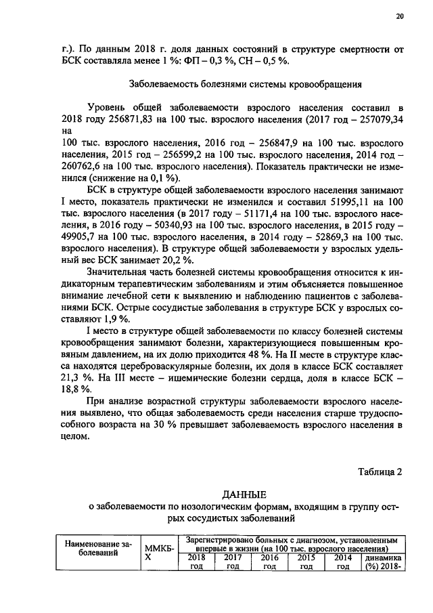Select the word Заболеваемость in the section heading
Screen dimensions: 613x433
point(167,85)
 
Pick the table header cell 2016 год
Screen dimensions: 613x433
point(269,562)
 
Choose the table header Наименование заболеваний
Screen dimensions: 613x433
point(96,548)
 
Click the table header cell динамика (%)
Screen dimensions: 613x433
point(383,562)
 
